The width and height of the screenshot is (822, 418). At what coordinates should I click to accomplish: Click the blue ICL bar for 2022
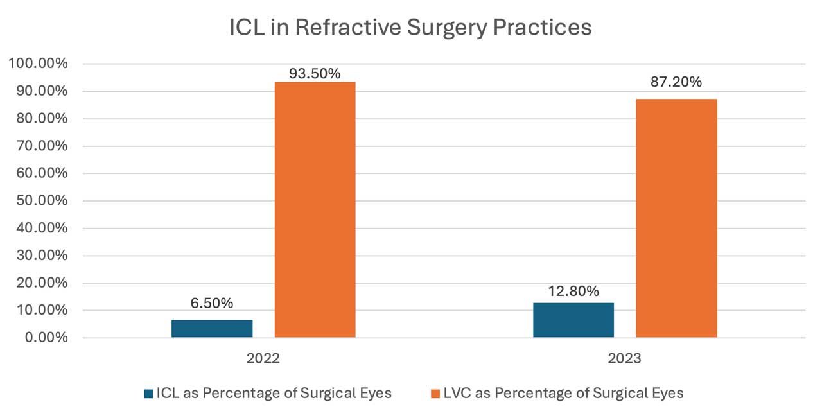tap(212, 329)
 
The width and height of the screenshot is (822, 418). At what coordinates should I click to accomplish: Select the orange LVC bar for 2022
tap(315, 210)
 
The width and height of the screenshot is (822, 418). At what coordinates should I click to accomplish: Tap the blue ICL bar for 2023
tap(573, 320)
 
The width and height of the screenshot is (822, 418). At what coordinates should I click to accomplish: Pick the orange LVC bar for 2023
tap(676, 218)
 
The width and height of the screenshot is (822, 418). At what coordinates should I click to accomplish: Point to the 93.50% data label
tap(315, 73)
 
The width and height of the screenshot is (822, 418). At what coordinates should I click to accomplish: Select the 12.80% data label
tap(573, 292)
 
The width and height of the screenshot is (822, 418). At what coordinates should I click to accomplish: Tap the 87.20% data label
tap(676, 82)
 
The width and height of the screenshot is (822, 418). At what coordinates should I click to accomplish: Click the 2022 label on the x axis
tap(263, 358)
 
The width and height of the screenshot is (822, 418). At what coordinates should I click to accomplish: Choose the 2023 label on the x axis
tap(624, 358)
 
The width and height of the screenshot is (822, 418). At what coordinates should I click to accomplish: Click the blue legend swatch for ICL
tap(149, 393)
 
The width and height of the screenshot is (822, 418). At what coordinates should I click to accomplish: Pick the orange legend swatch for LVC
tap(435, 393)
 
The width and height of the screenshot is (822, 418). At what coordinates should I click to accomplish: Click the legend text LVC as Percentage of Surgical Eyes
tap(563, 393)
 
